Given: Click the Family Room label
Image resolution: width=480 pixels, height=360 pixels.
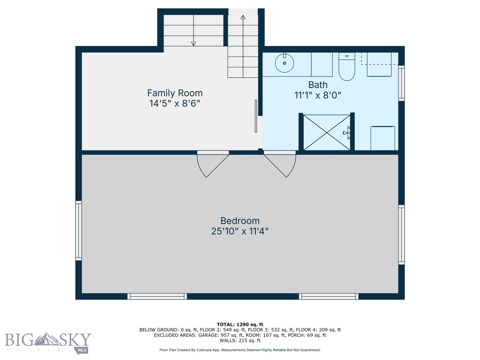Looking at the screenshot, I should (175, 93).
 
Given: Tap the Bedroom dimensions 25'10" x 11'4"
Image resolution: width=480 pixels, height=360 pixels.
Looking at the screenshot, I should (240, 231).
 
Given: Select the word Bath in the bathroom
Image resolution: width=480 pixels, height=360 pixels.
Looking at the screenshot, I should (318, 85).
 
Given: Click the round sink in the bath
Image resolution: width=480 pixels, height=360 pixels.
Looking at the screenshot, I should (284, 63).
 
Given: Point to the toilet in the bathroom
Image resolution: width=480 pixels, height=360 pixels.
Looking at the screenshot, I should (347, 67).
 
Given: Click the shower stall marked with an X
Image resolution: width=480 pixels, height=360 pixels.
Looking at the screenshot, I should (327, 132).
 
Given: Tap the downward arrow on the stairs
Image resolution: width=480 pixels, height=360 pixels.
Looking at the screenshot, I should (193, 43).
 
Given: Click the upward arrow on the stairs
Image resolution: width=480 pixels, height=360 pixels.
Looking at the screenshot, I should (243, 18).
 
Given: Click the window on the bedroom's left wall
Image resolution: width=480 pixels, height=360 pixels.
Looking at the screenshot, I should (79, 230).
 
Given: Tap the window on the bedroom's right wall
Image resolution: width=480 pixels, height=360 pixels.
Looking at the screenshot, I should (401, 234).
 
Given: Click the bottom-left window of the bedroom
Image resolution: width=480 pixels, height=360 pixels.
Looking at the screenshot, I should (157, 296).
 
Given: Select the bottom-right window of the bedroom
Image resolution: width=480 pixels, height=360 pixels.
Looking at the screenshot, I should (329, 296).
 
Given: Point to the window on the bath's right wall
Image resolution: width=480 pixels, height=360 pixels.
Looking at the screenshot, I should (401, 83).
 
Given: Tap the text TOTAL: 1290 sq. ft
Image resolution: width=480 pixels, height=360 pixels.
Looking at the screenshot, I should (240, 324).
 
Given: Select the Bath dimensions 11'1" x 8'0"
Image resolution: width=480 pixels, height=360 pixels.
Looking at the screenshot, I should (318, 95).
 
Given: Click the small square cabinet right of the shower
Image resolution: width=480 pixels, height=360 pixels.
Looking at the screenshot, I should (382, 138).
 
